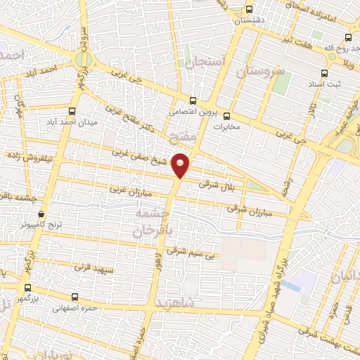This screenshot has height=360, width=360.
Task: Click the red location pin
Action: pyautogui.click(x=181, y=165)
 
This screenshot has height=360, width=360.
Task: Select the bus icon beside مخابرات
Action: pyautogui.click(x=226, y=116)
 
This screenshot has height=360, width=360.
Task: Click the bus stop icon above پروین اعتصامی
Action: pyautogui.click(x=193, y=100)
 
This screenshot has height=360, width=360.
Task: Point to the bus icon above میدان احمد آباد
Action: pyautogui.click(x=72, y=111)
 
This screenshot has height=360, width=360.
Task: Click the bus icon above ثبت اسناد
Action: pyautogui.click(x=324, y=73)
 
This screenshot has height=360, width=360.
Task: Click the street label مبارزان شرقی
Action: pyautogui.click(x=244, y=208)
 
